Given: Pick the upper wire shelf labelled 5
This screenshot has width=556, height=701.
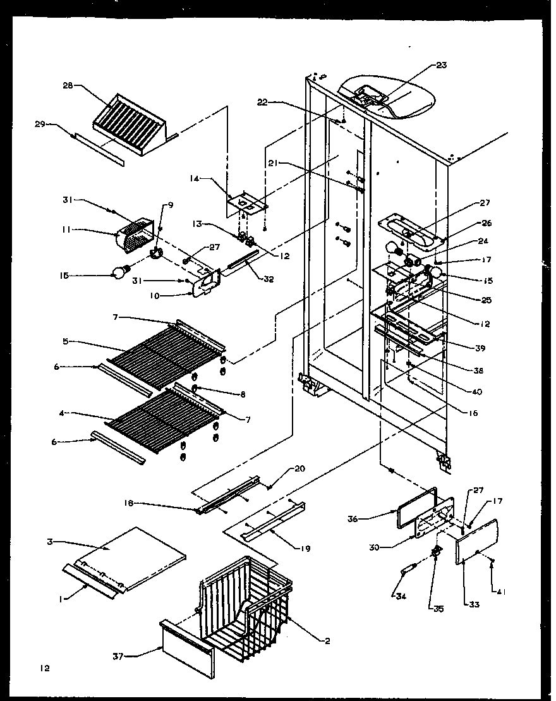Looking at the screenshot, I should pyautogui.click(x=164, y=351).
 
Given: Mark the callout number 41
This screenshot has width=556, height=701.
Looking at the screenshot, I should pyautogui.click(x=502, y=592).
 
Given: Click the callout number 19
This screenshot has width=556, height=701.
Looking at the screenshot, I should pyautogui.click(x=305, y=549).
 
